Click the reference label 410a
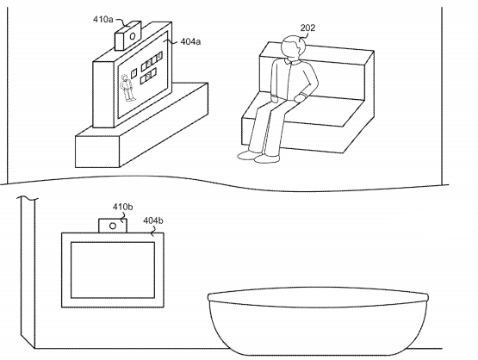coord(102,20)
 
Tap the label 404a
coord(190,41)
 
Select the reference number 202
coord(307,28)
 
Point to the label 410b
coord(122,207)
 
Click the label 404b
coord(153,220)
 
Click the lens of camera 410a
coord(133,36)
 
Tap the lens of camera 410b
coord(113,226)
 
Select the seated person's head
coord(292,48)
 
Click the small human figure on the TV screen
coord(127,88)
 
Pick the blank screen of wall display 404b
coord(113,270)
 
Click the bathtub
coord(318,321)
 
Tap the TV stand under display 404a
coord(142,125)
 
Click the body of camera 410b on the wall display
coord(113,226)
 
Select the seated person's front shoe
coord(266,158)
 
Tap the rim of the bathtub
coord(318,295)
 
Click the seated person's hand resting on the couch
coord(301,98)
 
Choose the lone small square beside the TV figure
coord(133,73)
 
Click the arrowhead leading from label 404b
coord(152,234)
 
